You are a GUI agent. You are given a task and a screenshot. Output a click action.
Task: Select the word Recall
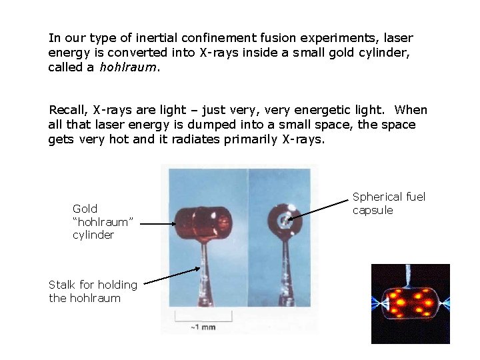[x=67, y=110]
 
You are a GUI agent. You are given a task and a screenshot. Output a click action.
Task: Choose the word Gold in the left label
[x=85, y=209]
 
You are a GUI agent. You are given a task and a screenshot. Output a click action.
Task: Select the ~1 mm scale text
[x=203, y=327]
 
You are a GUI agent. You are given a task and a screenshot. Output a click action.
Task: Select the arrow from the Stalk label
[x=172, y=276]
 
